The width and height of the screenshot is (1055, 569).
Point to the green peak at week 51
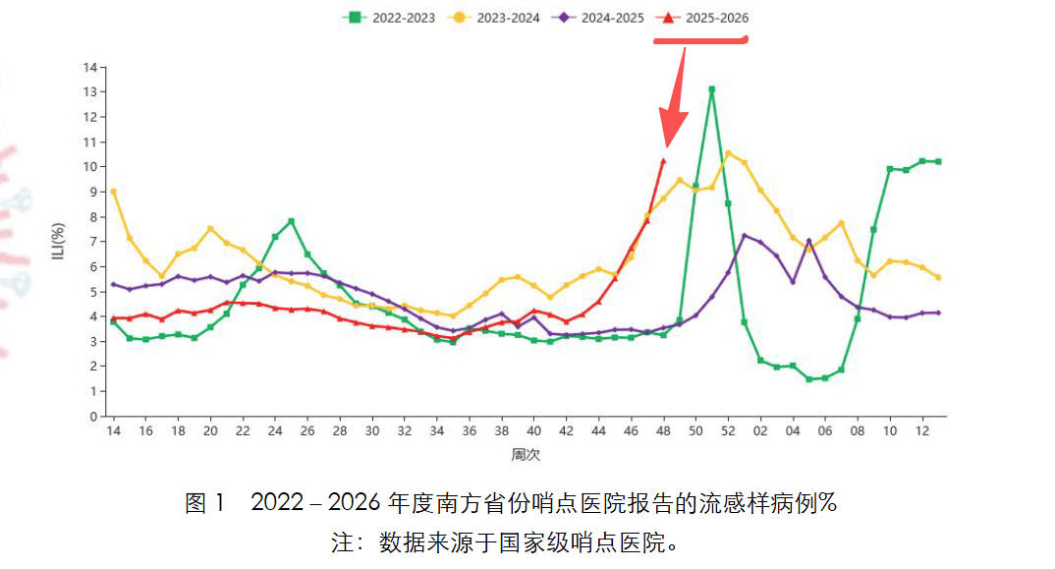point(711,89)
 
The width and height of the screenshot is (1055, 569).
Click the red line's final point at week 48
point(663,161)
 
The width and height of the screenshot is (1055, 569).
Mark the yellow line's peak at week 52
point(728,152)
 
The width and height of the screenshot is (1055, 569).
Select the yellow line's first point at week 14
point(114,191)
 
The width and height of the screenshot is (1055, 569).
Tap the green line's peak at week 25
point(292,221)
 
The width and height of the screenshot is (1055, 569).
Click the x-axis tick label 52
point(728,432)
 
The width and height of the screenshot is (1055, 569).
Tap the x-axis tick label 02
point(760,432)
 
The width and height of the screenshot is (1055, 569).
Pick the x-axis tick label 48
point(663,432)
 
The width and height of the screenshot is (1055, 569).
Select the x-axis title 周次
point(527,455)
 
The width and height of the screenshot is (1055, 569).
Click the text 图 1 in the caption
point(205,504)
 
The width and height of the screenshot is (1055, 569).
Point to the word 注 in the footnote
point(342,542)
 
